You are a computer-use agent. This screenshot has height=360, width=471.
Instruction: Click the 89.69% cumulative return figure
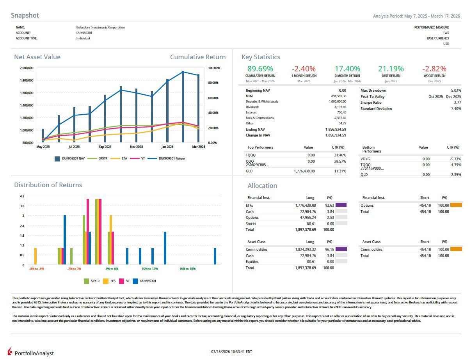tap(260, 69)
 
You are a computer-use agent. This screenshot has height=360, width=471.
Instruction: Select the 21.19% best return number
tap(391, 69)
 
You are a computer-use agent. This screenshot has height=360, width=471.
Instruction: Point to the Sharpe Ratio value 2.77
tap(457, 103)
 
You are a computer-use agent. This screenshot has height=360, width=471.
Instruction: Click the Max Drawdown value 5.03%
tap(455, 90)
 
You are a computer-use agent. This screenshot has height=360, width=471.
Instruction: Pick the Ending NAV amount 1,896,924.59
tap(335, 129)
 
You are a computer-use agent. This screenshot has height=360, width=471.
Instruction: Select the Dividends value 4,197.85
tap(338, 107)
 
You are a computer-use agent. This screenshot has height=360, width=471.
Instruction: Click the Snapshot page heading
tap(25, 16)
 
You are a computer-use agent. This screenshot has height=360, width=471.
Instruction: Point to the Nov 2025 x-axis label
tap(136, 147)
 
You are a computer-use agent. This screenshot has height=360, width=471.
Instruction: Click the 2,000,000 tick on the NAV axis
tap(27, 68)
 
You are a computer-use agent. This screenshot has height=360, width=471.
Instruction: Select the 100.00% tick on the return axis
tap(215, 68)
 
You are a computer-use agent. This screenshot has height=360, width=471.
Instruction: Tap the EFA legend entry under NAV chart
tap(121, 158)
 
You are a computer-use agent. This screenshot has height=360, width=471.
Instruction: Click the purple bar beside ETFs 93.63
tap(341, 205)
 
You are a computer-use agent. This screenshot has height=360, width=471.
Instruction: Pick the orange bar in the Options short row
tap(456, 205)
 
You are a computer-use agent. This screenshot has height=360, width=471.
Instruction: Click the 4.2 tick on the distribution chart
tap(22, 196)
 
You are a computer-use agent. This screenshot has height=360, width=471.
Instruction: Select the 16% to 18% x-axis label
tap(187, 269)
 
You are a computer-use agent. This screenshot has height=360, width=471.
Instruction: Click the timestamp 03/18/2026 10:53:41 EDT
tap(231, 352)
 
